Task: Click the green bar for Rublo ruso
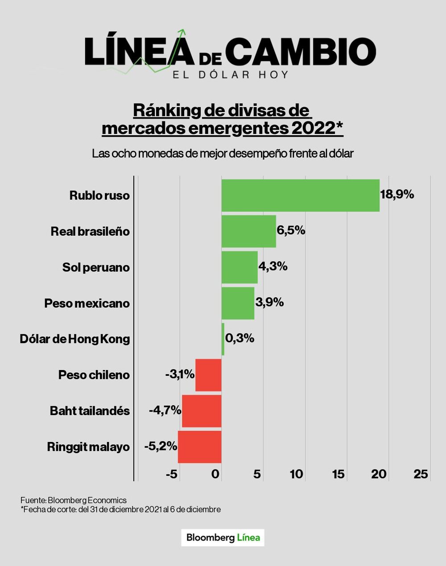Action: pos(300,196)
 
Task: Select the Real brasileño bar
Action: pos(248,231)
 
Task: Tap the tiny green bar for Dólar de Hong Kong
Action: pos(223,339)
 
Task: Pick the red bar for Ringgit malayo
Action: pos(199,447)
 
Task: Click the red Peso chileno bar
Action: pos(208,375)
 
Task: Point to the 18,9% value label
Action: pos(397,194)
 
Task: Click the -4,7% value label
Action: pos(165,410)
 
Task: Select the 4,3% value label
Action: pos(273,266)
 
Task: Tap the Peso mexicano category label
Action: pos(87,304)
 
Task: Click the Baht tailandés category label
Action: pos(90,411)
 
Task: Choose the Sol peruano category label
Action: pos(96,267)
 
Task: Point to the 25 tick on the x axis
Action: pos(421,474)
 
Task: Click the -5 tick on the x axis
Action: pos(172,474)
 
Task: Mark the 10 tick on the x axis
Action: pos(296,474)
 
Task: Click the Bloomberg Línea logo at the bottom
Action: pos(223,537)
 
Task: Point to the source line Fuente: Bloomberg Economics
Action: pos(74,500)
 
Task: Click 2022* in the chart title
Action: pos(317,128)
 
